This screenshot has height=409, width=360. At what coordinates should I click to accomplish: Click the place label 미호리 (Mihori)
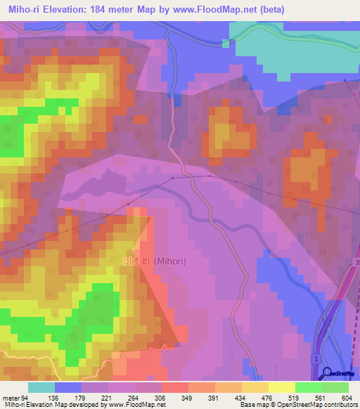(x=154, y=261)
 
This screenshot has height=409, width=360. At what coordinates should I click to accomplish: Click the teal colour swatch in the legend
(x=41, y=387)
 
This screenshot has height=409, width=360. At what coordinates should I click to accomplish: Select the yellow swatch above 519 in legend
(x=281, y=387)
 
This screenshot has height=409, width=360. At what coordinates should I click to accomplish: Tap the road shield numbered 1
(x=316, y=360)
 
